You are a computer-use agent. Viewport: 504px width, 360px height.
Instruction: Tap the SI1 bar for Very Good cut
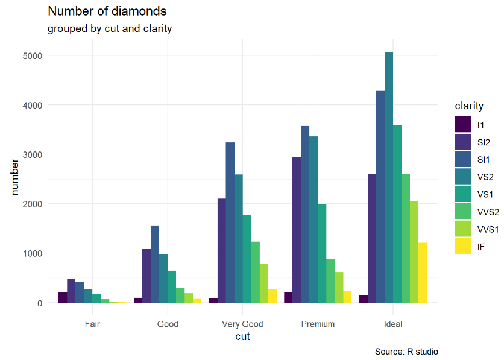[230, 223]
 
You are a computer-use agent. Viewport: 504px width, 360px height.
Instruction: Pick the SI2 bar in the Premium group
[297, 230]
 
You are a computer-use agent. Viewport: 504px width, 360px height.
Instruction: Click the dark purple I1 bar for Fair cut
[63, 297]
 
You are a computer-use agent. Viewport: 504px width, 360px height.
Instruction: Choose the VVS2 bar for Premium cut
[330, 281]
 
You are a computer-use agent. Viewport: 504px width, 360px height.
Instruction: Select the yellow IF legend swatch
[463, 247]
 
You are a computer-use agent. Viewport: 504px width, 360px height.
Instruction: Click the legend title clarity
[469, 106]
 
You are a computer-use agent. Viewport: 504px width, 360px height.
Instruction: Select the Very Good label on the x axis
[242, 324]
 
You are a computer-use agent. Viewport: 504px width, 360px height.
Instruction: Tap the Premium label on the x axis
[318, 324]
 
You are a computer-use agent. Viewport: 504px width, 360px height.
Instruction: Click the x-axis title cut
[242, 337]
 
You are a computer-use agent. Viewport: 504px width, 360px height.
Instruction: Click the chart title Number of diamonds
[107, 11]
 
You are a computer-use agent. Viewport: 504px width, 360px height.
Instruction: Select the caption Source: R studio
[406, 352]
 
